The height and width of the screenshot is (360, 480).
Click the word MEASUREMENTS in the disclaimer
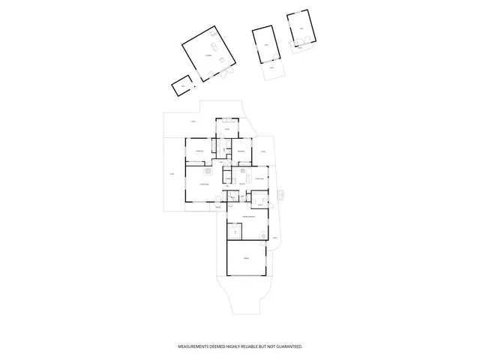[192, 346]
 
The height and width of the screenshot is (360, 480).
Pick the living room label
[202, 184]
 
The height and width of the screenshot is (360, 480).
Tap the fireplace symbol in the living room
[212, 169]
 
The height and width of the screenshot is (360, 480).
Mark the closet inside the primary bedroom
[235, 232]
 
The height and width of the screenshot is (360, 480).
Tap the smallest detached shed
[181, 87]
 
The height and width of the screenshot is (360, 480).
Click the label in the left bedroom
[199, 152]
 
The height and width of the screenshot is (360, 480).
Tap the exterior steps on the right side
[280, 196]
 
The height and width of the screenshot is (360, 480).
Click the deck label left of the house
[172, 175]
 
